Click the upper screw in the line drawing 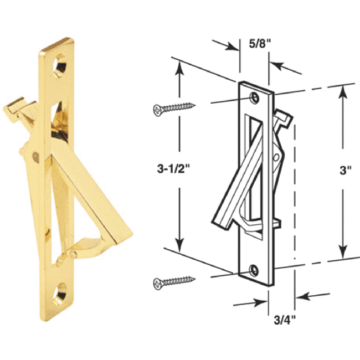pyautogui.click(x=173, y=107)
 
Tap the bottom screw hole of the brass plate pyautogui.click(x=63, y=290)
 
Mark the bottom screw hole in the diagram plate pyautogui.click(x=254, y=270)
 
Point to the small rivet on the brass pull pyautogui.click(x=37, y=157)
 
